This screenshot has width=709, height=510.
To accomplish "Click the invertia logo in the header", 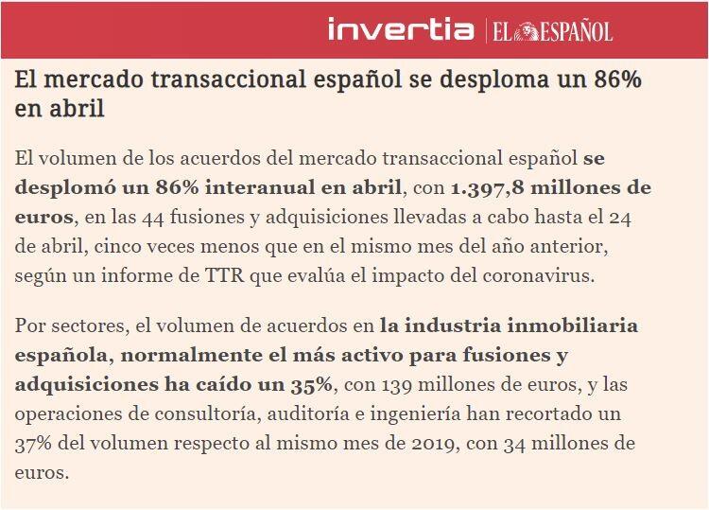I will point(401,29).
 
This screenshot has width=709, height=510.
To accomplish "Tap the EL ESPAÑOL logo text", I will point(552,31).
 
